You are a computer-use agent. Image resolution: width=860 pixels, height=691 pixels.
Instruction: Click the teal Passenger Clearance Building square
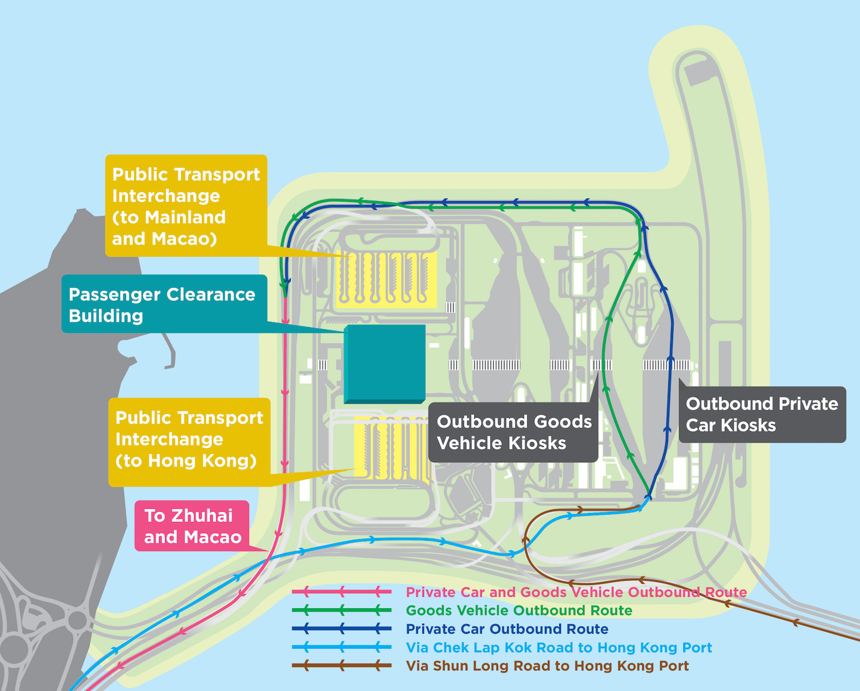tap(385, 363)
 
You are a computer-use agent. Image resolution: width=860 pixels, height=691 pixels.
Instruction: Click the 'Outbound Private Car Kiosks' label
tap(762, 415)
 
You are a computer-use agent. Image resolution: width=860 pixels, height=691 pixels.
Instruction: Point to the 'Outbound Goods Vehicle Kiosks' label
tap(513, 432)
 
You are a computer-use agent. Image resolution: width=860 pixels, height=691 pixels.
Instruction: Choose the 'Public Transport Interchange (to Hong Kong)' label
tap(189, 439)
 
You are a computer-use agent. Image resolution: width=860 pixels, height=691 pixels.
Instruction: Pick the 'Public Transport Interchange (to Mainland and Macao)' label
tap(186, 206)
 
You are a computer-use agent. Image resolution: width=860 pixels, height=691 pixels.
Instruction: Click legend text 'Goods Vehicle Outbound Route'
tap(519, 611)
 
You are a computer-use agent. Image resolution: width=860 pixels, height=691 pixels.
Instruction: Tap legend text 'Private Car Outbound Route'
tap(507, 629)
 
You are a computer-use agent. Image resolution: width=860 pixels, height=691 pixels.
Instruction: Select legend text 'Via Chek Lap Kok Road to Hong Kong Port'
tap(559, 648)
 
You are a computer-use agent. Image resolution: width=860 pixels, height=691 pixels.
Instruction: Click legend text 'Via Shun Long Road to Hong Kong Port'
tap(547, 666)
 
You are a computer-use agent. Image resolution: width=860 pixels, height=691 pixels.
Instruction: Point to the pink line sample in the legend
tap(341, 592)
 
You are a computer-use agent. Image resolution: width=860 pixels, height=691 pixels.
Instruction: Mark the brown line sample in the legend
tap(341, 666)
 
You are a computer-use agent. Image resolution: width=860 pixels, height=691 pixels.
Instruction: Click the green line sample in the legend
tap(341, 611)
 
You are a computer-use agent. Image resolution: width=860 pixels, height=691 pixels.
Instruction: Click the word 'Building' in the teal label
tap(106, 316)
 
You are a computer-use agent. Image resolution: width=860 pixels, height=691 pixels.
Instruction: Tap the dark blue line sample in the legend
tap(341, 629)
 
